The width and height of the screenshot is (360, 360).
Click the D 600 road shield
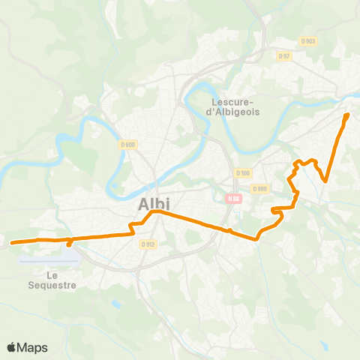tap(127, 145)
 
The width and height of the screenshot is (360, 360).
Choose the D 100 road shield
tap(242, 172)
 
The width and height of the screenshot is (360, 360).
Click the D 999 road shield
tap(259, 189)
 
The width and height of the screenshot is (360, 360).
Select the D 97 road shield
tap(283, 55)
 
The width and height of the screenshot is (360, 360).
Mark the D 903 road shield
tap(308, 41)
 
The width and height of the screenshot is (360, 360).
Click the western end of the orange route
tap(12, 242)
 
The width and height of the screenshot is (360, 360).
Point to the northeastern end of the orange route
tap(347, 114)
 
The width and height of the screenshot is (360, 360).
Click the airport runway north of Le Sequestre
tap(49, 259)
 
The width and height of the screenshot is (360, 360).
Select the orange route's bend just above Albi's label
tap(154, 212)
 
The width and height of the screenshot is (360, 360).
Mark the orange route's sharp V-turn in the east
tap(325, 180)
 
